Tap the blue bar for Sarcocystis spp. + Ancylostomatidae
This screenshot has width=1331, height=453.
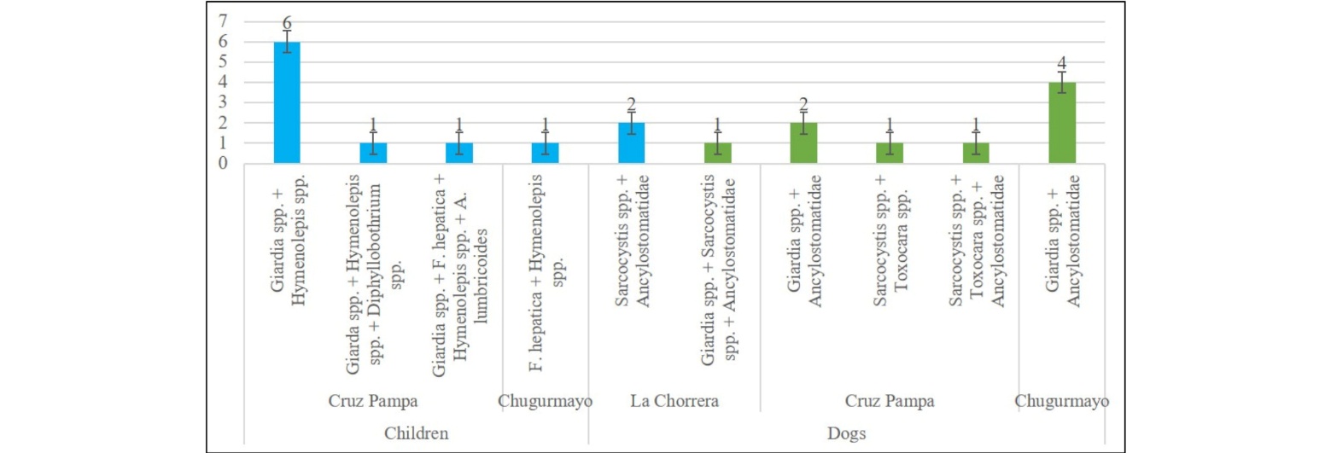[x=631, y=143]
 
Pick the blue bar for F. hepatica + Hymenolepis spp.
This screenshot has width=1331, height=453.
[x=546, y=154]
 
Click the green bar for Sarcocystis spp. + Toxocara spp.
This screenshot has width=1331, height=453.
[x=890, y=154]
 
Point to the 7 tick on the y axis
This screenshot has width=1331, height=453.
[x=223, y=20]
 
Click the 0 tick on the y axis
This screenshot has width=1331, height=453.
[x=223, y=164]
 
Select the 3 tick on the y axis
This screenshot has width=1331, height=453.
[x=223, y=102]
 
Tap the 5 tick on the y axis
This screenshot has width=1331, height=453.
[x=223, y=61]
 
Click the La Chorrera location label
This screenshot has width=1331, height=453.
[x=674, y=400]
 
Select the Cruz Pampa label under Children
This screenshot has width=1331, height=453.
[x=371, y=400]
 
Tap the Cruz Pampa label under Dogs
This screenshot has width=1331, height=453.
[x=890, y=400]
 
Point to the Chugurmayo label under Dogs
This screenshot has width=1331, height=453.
[x=1061, y=400]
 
